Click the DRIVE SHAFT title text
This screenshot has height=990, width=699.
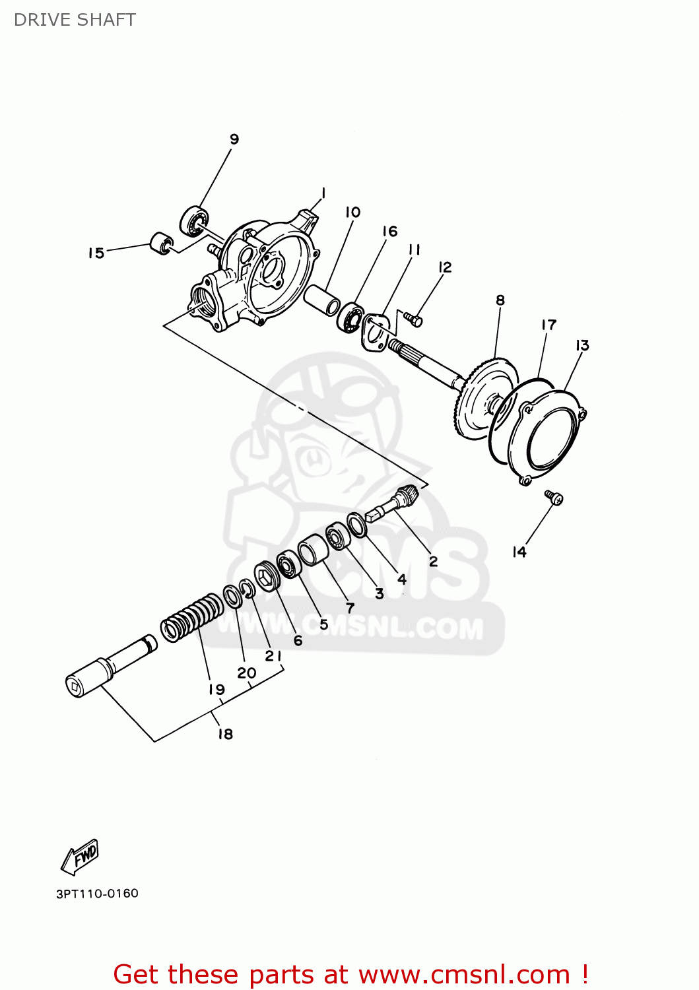click(x=75, y=20)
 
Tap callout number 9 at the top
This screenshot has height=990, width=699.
click(x=234, y=139)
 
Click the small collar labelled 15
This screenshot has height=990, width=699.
click(x=161, y=242)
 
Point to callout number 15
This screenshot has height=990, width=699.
click(x=96, y=253)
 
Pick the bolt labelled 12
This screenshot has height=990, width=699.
click(x=415, y=320)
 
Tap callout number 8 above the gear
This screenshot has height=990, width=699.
click(x=500, y=300)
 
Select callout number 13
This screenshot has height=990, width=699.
click(x=582, y=345)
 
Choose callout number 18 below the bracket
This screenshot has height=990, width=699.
click(x=226, y=734)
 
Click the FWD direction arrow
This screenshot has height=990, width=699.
click(x=81, y=857)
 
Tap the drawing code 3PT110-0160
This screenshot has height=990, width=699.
click(x=97, y=894)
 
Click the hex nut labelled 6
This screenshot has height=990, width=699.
click(x=265, y=577)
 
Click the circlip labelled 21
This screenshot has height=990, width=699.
click(x=248, y=589)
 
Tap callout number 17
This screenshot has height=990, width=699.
click(x=549, y=325)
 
